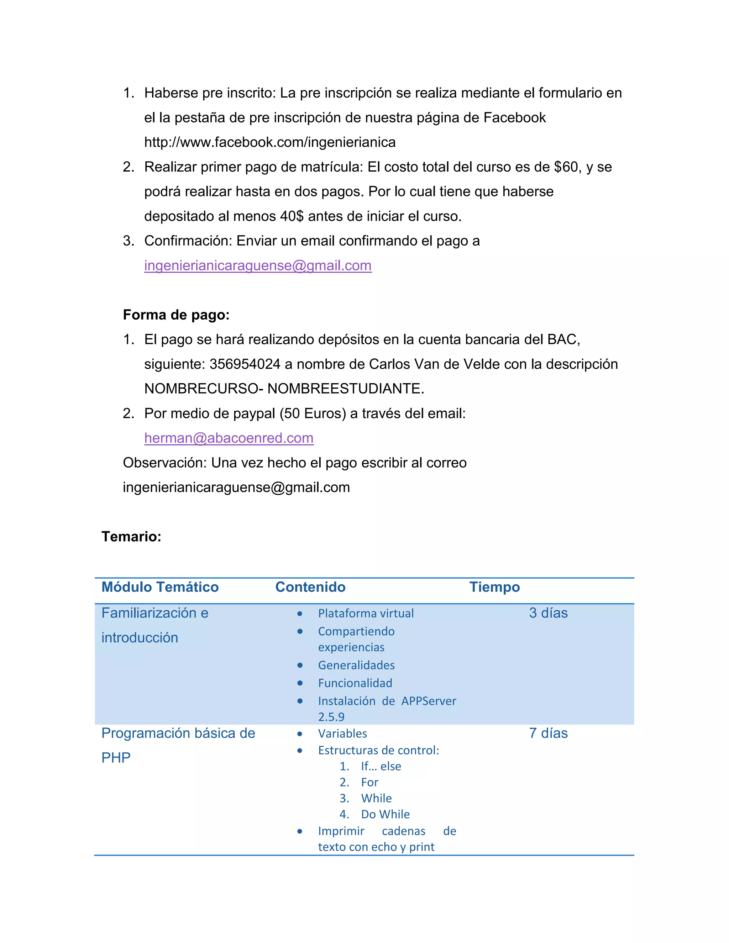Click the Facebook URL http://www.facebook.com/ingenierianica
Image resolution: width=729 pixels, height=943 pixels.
coord(269,142)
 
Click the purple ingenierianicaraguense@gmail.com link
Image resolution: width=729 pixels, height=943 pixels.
coord(257,265)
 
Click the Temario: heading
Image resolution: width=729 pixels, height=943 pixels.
coord(131,536)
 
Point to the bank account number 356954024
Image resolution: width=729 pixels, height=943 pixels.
coord(245,364)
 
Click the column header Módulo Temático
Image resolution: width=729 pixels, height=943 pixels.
coord(160,587)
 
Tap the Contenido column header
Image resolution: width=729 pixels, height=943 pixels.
coord(310,587)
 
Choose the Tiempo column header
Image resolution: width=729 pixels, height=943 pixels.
coord(494,587)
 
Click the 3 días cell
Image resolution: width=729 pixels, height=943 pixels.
coord(548,613)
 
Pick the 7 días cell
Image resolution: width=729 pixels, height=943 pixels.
coord(548,733)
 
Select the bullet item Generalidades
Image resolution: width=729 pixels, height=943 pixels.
coord(356,665)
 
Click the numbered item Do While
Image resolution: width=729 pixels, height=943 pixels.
coord(385,814)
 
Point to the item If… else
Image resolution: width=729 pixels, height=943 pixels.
coord(381,766)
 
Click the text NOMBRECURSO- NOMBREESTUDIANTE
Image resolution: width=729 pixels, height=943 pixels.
coord(284,389)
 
